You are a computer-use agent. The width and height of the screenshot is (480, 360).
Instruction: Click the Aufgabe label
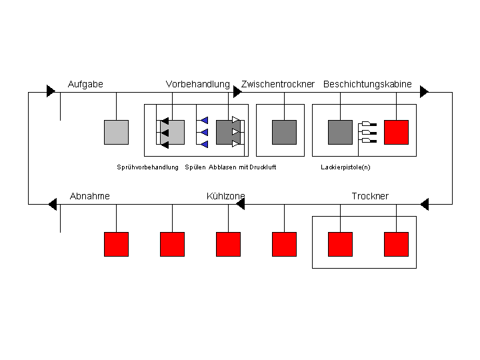[85, 84]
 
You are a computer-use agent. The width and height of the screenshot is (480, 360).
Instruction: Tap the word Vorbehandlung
[198, 84]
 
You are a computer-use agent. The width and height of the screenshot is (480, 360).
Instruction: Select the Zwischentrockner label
[277, 84]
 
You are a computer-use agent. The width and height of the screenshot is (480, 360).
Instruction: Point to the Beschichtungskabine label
[367, 84]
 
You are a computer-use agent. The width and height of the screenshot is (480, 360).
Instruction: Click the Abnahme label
[90, 196]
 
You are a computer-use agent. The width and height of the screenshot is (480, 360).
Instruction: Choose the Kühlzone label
[225, 196]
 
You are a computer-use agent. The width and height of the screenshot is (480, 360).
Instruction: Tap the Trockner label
[370, 196]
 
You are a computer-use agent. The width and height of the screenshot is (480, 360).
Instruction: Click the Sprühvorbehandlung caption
[147, 167]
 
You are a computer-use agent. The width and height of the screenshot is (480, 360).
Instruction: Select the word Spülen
[195, 167]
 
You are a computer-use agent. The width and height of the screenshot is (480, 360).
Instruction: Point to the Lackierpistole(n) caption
[345, 167]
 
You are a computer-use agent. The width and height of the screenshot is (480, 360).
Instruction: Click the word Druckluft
[263, 167]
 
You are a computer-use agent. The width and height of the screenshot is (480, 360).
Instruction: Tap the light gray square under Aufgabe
[116, 132]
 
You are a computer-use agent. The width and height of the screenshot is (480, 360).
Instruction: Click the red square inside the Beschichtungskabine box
[397, 132]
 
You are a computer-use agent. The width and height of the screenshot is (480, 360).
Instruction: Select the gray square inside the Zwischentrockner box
[285, 132]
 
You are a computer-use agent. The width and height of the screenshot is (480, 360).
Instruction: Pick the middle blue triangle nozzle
[205, 132]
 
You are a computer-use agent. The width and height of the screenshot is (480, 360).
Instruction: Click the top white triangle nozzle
[236, 120]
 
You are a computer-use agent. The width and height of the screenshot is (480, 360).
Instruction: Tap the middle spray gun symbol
[369, 132]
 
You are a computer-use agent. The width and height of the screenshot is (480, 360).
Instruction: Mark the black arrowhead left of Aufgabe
[51, 91]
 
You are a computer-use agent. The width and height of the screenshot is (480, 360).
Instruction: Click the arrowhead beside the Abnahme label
[53, 204]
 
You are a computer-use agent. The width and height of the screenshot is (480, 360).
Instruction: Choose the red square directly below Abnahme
[116, 244]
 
